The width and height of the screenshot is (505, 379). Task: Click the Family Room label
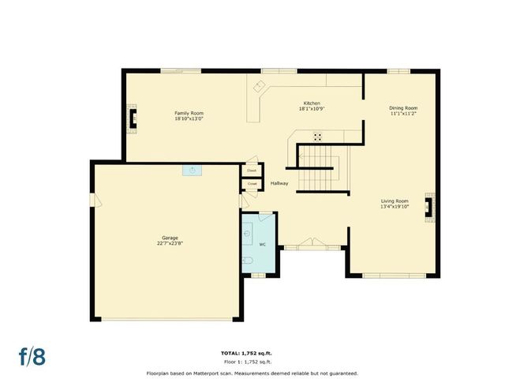(x=189, y=113)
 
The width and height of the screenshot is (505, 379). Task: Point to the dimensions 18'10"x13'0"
(x=189, y=118)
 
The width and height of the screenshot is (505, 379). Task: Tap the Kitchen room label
(x=312, y=103)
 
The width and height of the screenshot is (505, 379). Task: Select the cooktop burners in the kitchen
(x=317, y=137)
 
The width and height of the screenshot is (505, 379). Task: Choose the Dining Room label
(x=403, y=107)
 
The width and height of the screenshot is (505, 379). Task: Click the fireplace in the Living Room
(x=428, y=206)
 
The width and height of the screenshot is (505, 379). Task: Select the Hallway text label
(x=279, y=183)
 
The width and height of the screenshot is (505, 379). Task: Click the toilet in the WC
(x=247, y=261)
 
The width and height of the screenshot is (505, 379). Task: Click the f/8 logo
(x=32, y=355)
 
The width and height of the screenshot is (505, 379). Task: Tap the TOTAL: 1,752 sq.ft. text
(x=252, y=352)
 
